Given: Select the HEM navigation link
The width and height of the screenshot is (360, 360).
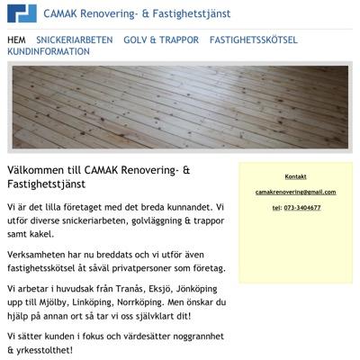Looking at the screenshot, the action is tap(16, 40).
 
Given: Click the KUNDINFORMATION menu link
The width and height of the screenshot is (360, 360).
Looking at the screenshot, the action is tap(49, 52).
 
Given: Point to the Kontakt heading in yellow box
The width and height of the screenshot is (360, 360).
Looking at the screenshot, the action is tap(295, 175).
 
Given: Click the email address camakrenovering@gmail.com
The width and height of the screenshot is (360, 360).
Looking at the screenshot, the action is tap(295, 192).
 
